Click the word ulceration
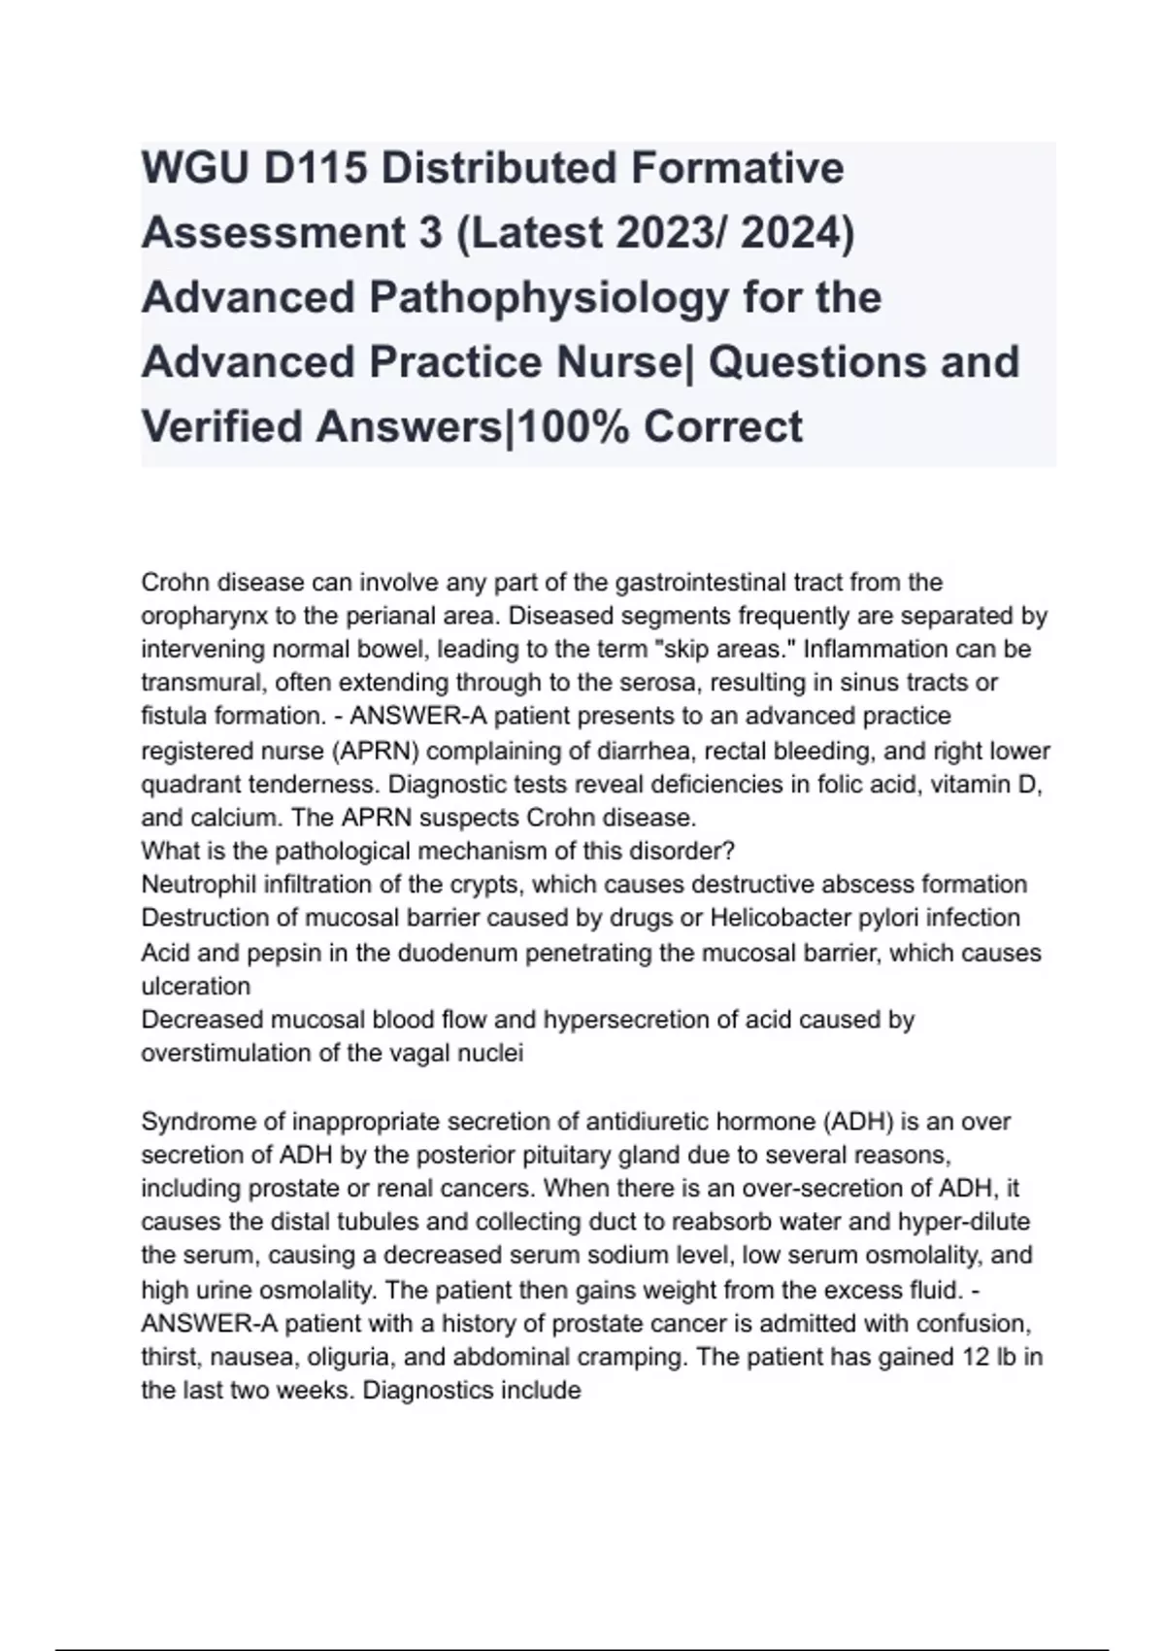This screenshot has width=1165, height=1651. click(195, 986)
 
